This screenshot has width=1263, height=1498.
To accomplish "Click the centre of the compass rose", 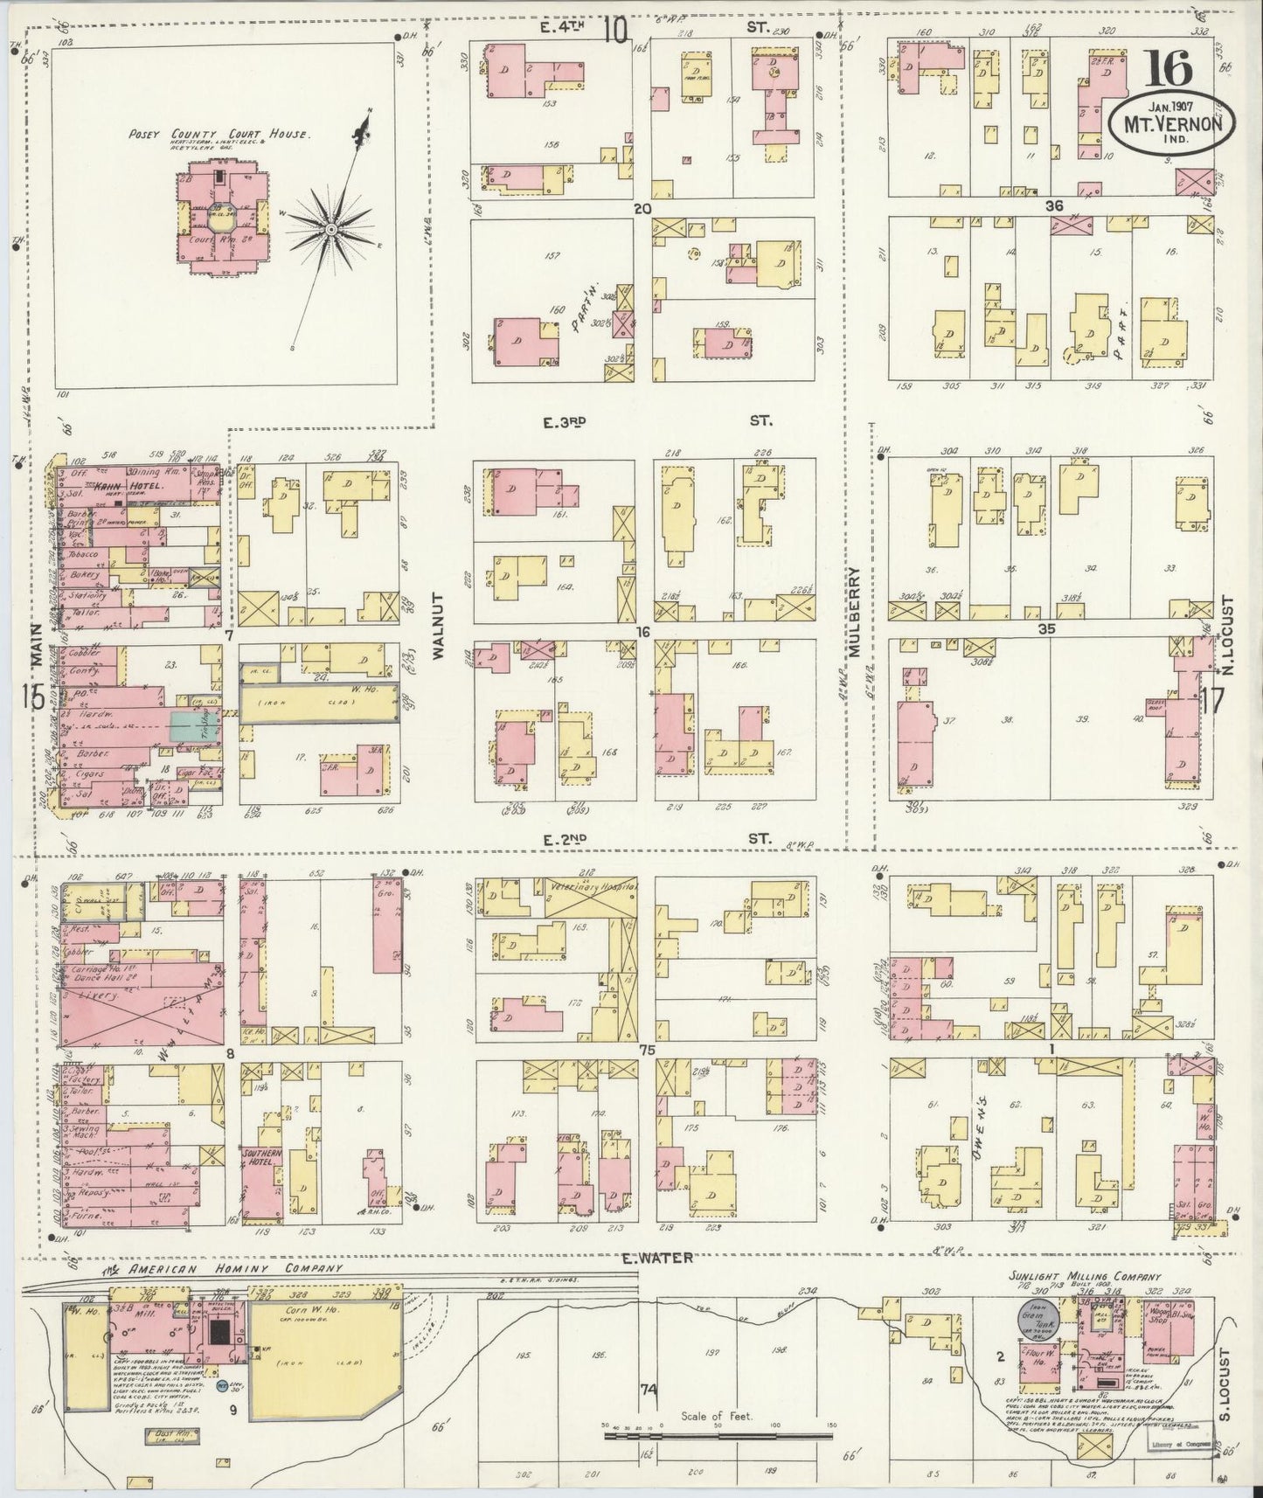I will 331,229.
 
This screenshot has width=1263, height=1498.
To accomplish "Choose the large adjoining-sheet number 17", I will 1213,701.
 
